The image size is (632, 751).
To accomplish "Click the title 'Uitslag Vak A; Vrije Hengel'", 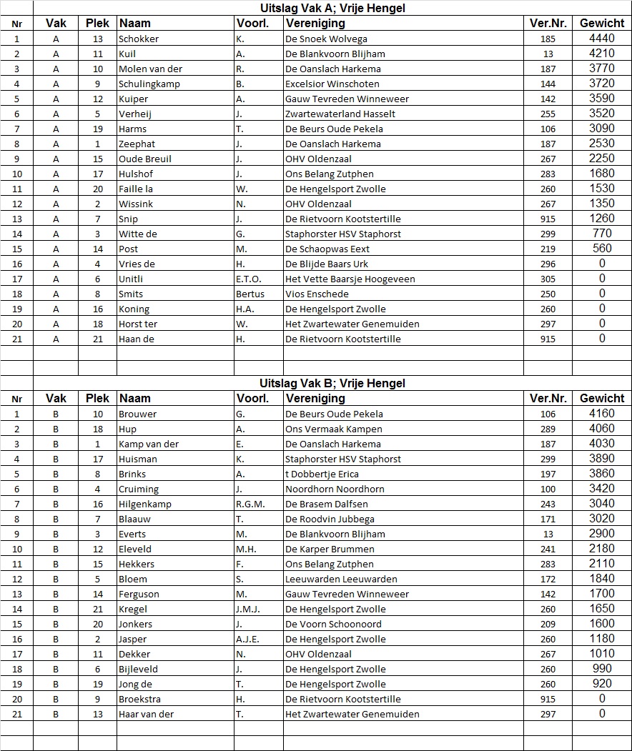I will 332,9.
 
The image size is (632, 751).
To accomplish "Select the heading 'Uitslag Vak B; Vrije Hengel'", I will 332,384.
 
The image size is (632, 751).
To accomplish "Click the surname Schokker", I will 139,39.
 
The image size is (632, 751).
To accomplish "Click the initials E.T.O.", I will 249,279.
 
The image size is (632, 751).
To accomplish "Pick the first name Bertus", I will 250,294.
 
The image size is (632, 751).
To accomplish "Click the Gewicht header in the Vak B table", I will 602,399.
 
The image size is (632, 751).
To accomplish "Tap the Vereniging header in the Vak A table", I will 315,24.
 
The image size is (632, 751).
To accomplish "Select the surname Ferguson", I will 139,595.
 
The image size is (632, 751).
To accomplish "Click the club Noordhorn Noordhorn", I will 335,489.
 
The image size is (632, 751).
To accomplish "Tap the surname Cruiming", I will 139,489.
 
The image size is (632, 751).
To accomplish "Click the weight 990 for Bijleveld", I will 602,669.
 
